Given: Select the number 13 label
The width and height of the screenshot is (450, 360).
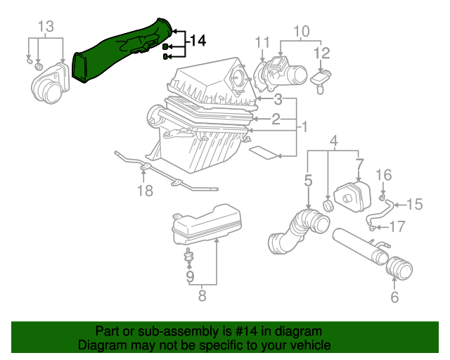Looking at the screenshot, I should [45, 27].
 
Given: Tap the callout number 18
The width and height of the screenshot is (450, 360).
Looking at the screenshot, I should [144, 191].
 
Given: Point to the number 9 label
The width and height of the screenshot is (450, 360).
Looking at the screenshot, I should [189, 277].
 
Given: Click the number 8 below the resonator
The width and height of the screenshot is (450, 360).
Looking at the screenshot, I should [202, 296].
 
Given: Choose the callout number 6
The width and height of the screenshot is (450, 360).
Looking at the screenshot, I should [394, 297].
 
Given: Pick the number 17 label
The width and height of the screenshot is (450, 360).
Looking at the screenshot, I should [397, 226].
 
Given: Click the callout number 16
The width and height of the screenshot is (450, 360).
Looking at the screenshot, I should [383, 175].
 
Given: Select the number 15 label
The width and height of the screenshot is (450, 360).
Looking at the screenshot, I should [414, 205].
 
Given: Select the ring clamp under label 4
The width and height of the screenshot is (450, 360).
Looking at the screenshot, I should [328, 205].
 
